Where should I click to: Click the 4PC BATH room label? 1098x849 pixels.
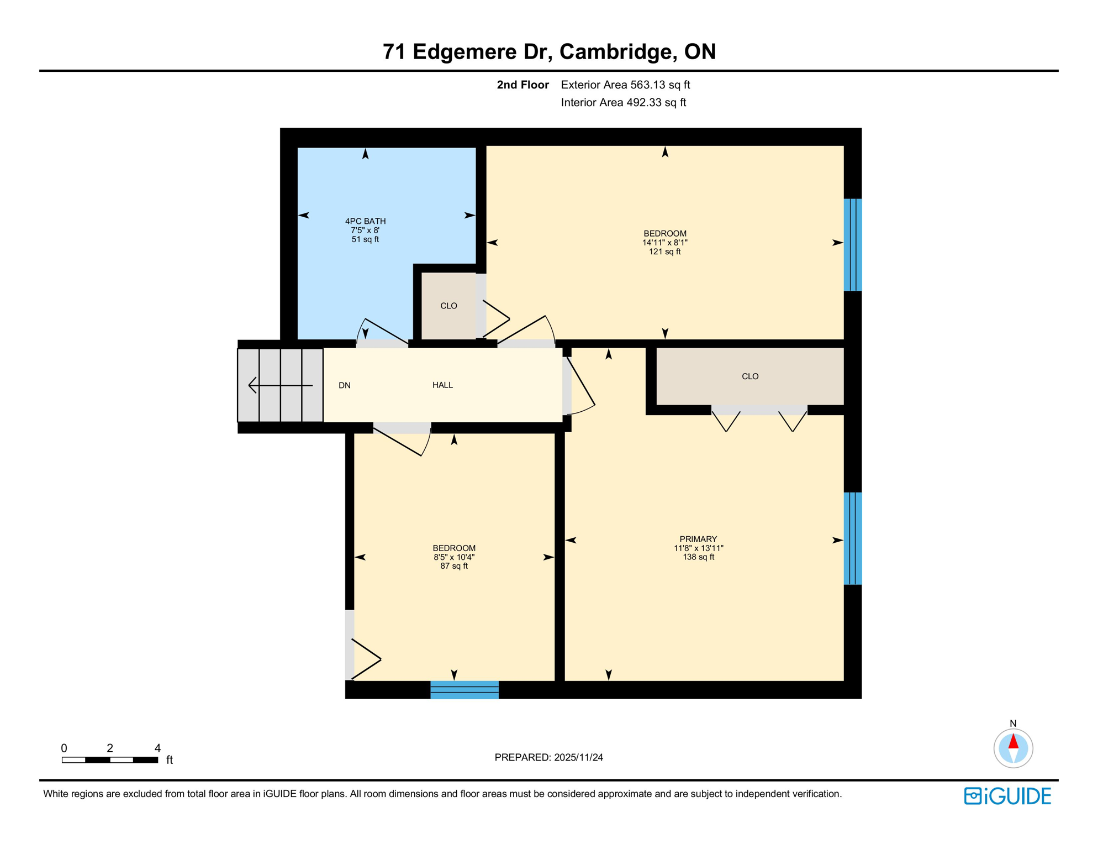pyautogui.click(x=365, y=221)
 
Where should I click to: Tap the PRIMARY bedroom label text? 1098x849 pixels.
pyautogui.click(x=698, y=539)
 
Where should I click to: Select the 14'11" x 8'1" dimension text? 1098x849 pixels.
pyautogui.click(x=664, y=243)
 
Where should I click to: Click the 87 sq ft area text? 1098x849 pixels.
pyautogui.click(x=454, y=566)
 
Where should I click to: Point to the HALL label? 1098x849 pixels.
pyautogui.click(x=442, y=385)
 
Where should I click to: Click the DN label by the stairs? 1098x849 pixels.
pyautogui.click(x=345, y=385)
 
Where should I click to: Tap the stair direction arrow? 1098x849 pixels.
pyautogui.click(x=280, y=385)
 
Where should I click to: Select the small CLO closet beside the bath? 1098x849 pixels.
pyautogui.click(x=448, y=306)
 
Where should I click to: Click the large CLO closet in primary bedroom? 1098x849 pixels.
pyautogui.click(x=749, y=376)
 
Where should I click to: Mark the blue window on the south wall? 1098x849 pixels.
pyautogui.click(x=464, y=690)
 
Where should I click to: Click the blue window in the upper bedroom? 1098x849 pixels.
pyautogui.click(x=852, y=245)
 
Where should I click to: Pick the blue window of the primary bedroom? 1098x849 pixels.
pyautogui.click(x=852, y=538)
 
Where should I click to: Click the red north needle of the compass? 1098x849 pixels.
pyautogui.click(x=1013, y=741)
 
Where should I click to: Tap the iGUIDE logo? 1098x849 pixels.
pyautogui.click(x=1007, y=796)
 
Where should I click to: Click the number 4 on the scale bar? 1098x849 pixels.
pyautogui.click(x=157, y=748)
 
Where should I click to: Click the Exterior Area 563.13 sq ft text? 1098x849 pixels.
pyautogui.click(x=625, y=85)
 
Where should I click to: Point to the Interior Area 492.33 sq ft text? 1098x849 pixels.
pyautogui.click(x=623, y=102)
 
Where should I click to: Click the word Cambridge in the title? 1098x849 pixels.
pyautogui.click(x=619, y=51)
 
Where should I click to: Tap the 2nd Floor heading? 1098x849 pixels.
pyautogui.click(x=522, y=85)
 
